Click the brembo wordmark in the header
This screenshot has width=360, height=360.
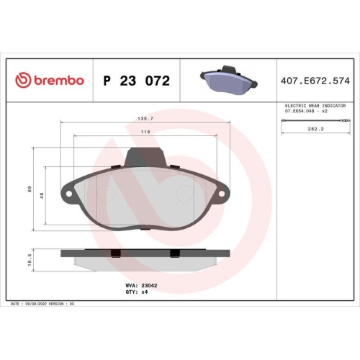pos(56,81)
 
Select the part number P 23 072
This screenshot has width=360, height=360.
pos(137,81)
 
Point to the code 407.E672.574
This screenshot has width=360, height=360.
pos(315,81)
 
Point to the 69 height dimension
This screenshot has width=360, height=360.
pos(30,189)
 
